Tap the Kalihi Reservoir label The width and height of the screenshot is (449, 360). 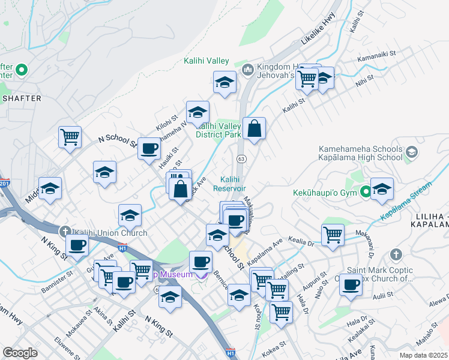point(229,184)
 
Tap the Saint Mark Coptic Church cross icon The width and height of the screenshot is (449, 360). point(395,255)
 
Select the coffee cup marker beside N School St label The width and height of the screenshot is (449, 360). point(149,148)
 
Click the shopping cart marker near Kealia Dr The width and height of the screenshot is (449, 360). point(333,235)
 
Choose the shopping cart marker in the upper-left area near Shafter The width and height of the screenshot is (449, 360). point(70,137)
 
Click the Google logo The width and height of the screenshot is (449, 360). point(20,352)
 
